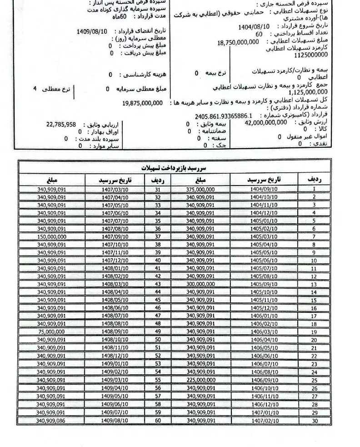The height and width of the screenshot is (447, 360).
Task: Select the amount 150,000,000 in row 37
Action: point(51,237)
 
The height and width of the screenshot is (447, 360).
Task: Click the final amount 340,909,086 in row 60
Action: point(51,421)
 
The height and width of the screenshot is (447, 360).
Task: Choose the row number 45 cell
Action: point(158,300)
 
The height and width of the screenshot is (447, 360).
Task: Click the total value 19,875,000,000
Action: point(142,103)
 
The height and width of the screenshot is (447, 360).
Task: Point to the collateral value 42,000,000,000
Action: point(266,122)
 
